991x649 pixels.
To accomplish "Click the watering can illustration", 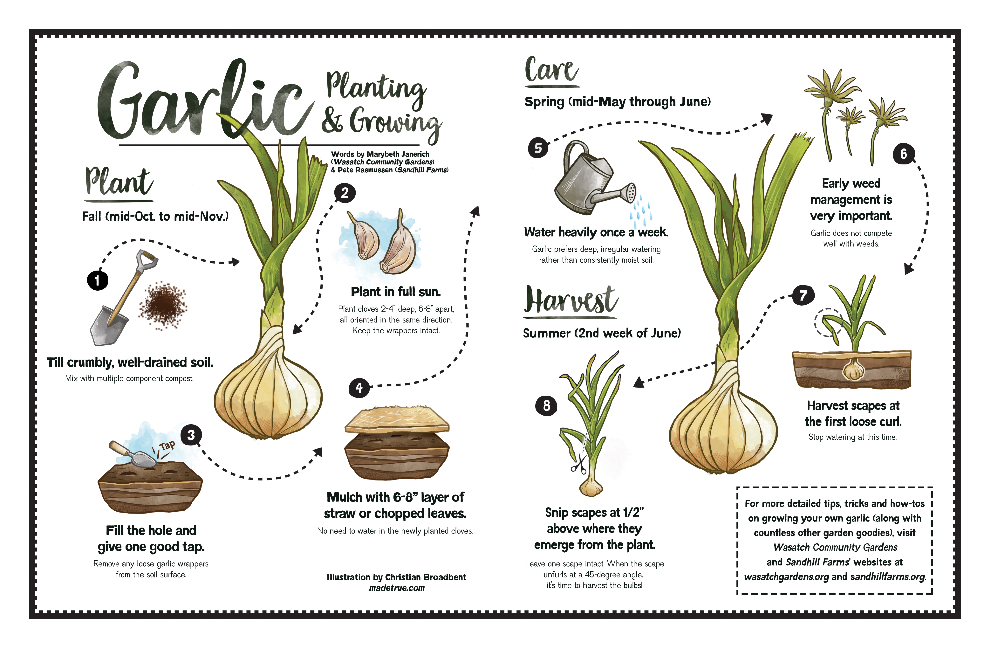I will click(x=591, y=179).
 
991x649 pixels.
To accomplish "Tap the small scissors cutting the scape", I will click(x=579, y=465).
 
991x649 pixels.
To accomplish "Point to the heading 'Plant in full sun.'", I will click(x=396, y=292).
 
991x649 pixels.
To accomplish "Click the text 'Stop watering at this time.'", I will click(x=852, y=437).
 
